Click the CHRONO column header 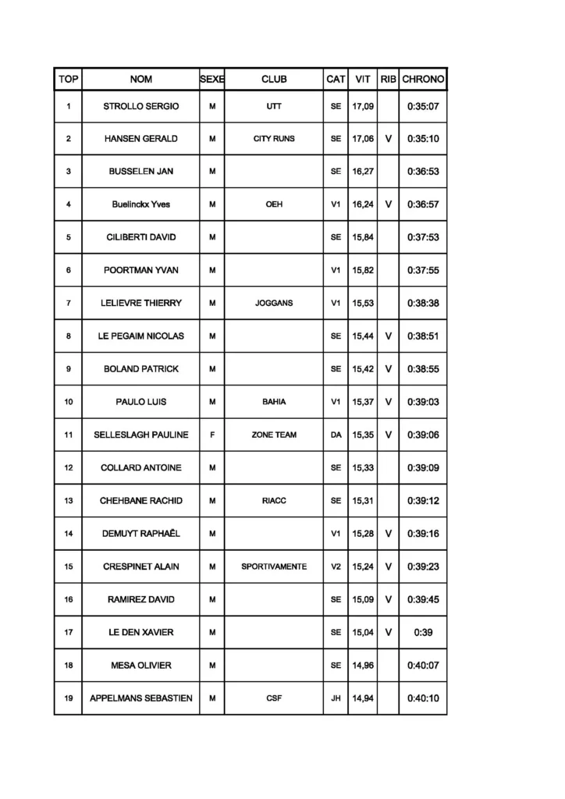(423, 79)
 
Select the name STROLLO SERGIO (141, 106)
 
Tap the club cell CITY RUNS (274, 139)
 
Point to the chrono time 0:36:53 (423, 172)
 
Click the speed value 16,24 (363, 204)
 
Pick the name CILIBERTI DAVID (141, 237)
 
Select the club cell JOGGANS (274, 303)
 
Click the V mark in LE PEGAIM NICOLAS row (388, 336)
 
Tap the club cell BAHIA (274, 402)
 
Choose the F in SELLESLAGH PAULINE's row (212, 435)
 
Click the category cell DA (336, 435)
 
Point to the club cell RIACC (274, 500)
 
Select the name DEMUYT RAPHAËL (141, 533)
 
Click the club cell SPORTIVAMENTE (274, 566)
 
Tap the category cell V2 (336, 566)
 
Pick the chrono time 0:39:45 (423, 599)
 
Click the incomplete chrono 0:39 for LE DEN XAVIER (423, 632)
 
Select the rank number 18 (69, 665)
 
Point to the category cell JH (336, 698)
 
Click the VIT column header (363, 79)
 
